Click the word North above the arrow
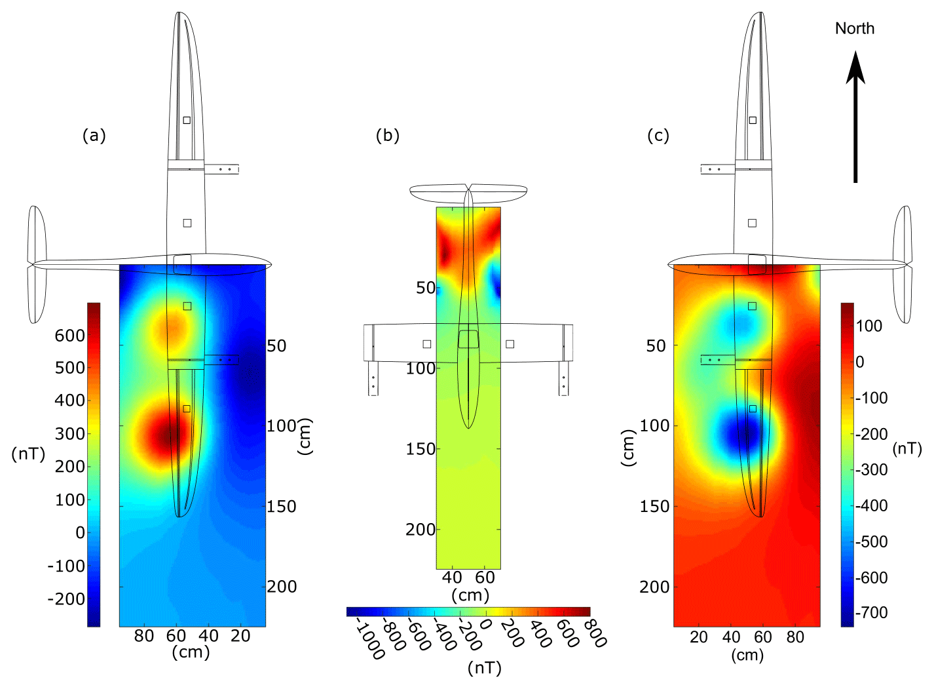pyautogui.click(x=854, y=29)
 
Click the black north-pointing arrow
pyautogui.click(x=855, y=117)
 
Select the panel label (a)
pyautogui.click(x=94, y=136)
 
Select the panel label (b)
pyautogui.click(x=387, y=136)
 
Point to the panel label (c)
pyautogui.click(x=658, y=136)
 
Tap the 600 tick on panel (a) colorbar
pyautogui.click(x=70, y=336)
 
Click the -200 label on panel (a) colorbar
pyautogui.click(x=66, y=599)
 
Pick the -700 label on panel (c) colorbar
pyautogui.click(x=872, y=613)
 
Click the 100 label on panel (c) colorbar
pyautogui.click(x=869, y=326)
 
